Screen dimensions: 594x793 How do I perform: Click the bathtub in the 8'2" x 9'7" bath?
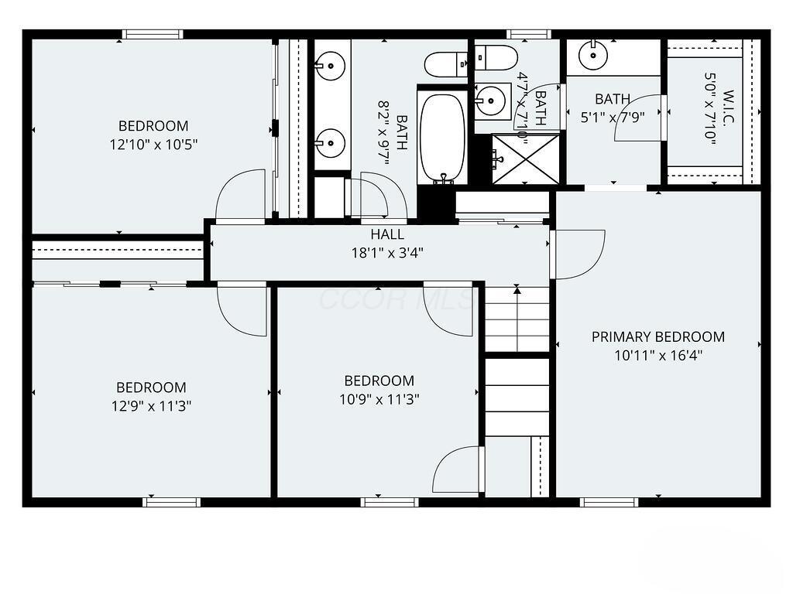[442, 137]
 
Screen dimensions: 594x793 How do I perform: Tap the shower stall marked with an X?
[526, 159]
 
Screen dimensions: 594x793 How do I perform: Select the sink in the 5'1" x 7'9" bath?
[594, 53]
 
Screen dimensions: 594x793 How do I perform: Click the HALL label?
[386, 234]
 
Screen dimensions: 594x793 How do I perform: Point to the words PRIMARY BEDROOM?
[658, 336]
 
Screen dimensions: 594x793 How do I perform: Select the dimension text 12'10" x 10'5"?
[153, 144]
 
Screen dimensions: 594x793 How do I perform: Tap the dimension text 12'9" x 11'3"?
[151, 405]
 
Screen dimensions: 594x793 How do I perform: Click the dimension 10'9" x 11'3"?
[379, 399]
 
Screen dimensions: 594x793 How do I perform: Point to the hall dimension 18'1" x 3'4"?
[386, 252]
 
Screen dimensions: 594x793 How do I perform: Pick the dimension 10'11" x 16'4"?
[658, 356]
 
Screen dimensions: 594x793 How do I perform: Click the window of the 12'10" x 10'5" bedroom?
[153, 34]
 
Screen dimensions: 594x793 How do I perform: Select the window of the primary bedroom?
[609, 502]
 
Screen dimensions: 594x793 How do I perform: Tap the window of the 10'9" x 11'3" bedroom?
[390, 502]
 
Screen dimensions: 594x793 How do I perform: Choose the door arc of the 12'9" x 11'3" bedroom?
[242, 309]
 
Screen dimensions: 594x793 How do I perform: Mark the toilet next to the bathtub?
[448, 64]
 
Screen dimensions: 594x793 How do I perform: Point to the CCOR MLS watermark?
[395, 299]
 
